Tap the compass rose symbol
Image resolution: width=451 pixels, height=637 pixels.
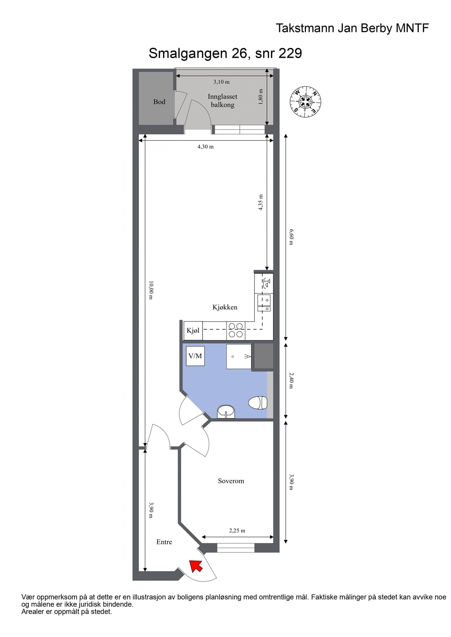(x=306, y=102)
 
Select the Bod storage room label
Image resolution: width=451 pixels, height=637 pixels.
(x=159, y=102)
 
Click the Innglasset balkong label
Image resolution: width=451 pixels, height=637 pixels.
(x=222, y=100)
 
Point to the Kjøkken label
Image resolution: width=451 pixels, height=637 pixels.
(x=225, y=307)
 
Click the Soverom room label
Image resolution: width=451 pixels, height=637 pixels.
(x=231, y=481)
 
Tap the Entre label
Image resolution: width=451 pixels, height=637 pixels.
(x=164, y=542)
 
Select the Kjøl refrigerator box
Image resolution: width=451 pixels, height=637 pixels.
(x=193, y=331)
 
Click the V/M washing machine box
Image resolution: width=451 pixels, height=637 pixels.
(x=195, y=356)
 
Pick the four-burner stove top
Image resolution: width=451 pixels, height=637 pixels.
(x=235, y=330)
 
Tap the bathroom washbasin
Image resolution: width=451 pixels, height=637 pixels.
(x=226, y=412)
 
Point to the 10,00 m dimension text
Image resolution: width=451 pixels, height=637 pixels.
(x=151, y=290)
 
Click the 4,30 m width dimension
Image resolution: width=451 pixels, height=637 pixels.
(x=206, y=146)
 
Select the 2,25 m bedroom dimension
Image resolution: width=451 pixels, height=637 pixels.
(x=237, y=531)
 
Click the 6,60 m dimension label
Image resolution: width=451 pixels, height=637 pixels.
(x=291, y=237)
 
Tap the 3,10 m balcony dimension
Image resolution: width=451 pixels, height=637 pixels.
(x=221, y=82)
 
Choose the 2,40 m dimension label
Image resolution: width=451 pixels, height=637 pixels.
(x=291, y=381)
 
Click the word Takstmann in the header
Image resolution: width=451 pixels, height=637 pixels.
(x=305, y=28)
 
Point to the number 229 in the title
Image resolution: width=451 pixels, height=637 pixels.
(x=290, y=53)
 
